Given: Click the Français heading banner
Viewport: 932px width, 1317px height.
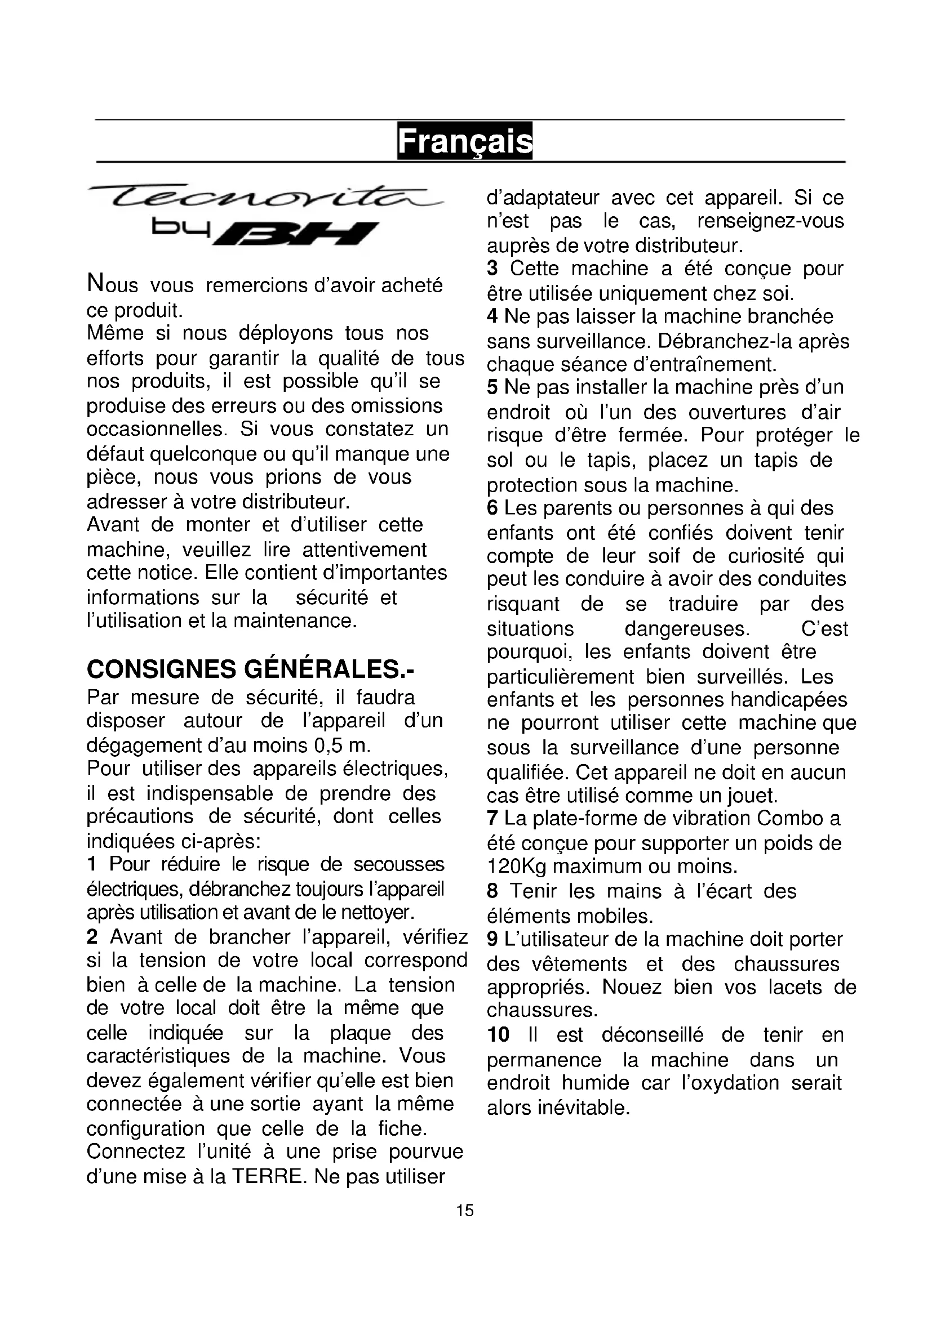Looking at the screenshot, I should click(464, 141).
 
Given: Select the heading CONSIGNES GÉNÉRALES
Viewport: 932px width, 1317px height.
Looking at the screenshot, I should click(250, 669).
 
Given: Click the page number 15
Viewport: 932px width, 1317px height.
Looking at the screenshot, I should click(465, 1211).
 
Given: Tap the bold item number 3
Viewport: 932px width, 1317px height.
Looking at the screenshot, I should click(492, 269).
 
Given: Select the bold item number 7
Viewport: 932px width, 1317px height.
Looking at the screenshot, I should click(492, 819).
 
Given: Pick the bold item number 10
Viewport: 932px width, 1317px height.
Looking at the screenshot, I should click(498, 1035).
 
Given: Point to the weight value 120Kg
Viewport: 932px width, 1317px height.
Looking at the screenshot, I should click(517, 866).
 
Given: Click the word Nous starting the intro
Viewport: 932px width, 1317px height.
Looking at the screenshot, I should click(112, 284).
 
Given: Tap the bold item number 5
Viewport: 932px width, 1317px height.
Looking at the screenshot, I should click(492, 387).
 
